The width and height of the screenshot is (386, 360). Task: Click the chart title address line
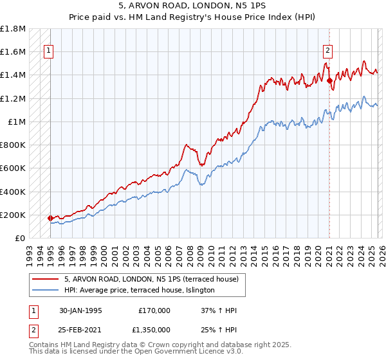pos(192,5)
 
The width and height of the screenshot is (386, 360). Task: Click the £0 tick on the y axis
pos(20,238)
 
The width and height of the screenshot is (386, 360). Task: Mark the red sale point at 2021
pos(329,81)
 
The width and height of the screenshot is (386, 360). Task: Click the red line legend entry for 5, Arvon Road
pos(151,279)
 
